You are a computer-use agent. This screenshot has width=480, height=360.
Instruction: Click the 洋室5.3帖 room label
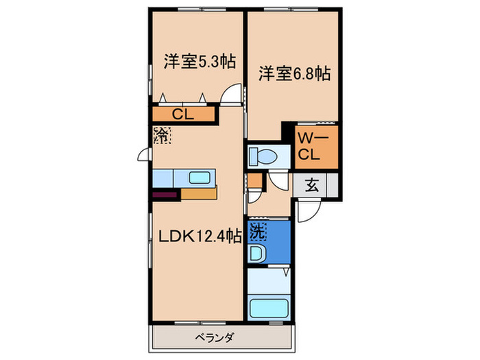point(199,62)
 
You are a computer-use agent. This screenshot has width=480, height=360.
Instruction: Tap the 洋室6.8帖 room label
point(294,73)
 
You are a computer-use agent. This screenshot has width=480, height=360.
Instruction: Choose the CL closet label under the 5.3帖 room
point(182,114)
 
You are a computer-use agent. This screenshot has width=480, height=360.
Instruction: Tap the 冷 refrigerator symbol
point(162,134)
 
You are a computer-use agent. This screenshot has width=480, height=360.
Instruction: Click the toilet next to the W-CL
point(263,156)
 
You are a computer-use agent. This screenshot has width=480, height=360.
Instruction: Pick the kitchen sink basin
point(200,178)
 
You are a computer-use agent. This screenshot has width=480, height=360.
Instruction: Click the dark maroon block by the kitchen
point(165,194)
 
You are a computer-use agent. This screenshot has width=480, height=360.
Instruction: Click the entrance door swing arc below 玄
point(307,210)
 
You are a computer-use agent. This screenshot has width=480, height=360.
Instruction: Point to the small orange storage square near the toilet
point(254,182)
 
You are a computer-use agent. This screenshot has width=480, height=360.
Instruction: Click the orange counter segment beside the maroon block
point(199,193)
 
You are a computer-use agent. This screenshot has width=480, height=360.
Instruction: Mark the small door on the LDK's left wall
point(145,155)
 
